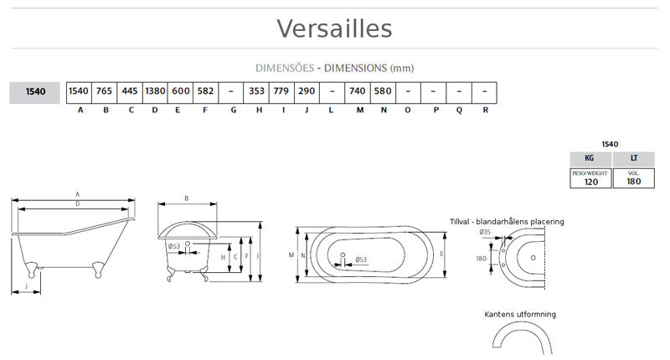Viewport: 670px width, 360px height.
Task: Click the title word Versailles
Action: [x=334, y=28]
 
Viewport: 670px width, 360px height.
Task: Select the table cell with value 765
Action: [x=105, y=91]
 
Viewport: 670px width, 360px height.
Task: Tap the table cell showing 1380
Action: [x=155, y=91]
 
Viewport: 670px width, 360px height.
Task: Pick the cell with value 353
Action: [x=257, y=91]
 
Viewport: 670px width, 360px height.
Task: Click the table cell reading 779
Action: [x=282, y=91]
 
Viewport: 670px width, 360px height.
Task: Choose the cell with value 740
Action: [x=358, y=91]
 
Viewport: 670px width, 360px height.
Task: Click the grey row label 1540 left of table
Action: [x=34, y=91]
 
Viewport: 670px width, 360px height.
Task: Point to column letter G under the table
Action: [x=232, y=110]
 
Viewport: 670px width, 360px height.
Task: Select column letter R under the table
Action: [x=485, y=110]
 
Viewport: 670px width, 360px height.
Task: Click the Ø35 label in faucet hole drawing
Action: [x=485, y=232]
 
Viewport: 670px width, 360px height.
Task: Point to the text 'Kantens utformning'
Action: [x=520, y=314]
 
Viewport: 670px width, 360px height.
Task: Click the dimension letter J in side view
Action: [x=27, y=286]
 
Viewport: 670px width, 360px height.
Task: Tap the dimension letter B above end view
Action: [x=186, y=198]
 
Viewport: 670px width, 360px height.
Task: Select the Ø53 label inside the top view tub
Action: [x=361, y=259]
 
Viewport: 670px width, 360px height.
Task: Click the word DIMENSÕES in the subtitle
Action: [x=285, y=67]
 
